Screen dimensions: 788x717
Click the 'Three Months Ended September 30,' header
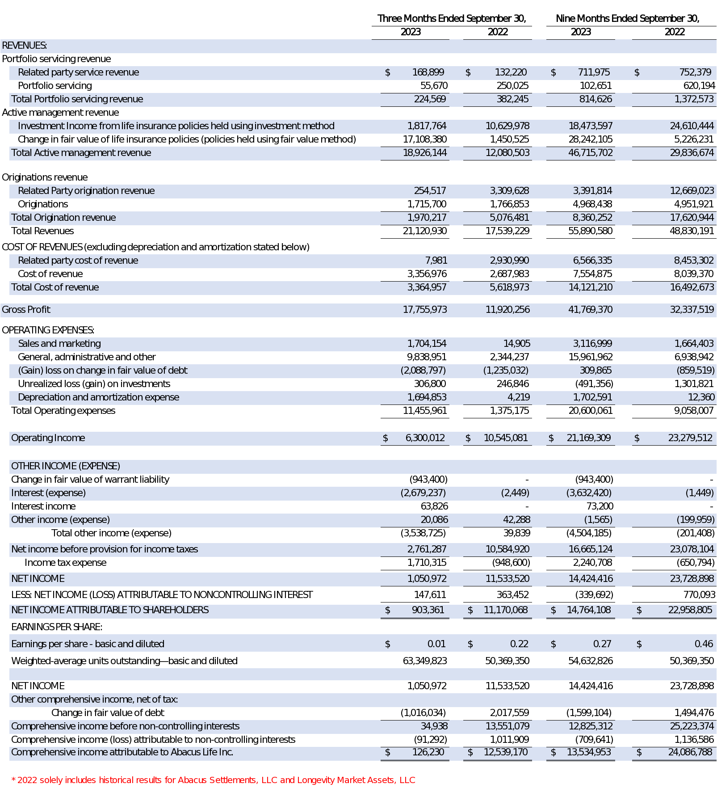(x=451, y=19)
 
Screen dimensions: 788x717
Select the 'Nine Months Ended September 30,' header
(x=627, y=19)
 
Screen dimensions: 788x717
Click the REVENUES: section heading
(x=25, y=46)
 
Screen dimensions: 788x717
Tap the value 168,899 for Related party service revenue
(x=428, y=72)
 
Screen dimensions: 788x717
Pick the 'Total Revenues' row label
(x=42, y=231)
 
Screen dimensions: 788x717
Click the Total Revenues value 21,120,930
(x=424, y=231)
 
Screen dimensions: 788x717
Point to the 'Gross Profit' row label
(x=26, y=310)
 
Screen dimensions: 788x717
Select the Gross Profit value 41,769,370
(x=590, y=310)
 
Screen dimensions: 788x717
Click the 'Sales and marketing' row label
(x=59, y=344)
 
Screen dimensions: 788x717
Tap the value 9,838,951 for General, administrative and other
(x=426, y=357)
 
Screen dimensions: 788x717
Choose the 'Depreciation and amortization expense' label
(x=98, y=397)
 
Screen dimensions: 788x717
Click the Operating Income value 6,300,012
(x=425, y=438)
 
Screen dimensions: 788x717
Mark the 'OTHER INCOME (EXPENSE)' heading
(x=66, y=466)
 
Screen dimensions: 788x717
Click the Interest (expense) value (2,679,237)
(x=423, y=493)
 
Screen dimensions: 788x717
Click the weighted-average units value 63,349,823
(x=424, y=661)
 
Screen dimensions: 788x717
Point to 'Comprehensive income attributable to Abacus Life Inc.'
(x=122, y=752)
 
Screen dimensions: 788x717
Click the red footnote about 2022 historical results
(x=213, y=780)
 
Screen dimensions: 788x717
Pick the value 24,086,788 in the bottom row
(x=690, y=752)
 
